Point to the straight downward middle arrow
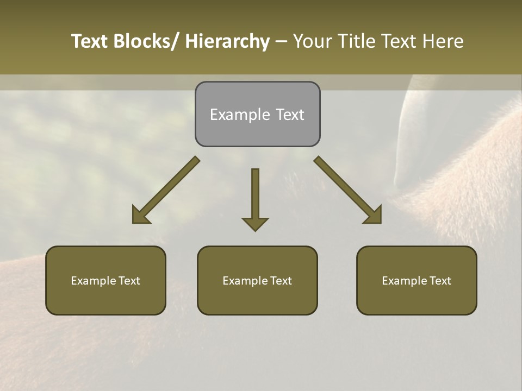tap(255, 195)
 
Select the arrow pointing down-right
tap(348, 190)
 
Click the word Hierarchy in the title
tap(227, 41)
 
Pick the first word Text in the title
tap(89, 41)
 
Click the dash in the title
tap(281, 41)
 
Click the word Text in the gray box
tap(290, 115)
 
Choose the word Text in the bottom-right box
tap(440, 281)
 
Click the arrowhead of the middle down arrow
tap(255, 224)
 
